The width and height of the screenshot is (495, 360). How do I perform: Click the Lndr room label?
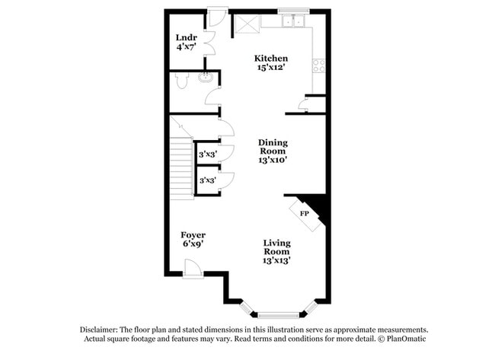[x=187, y=37]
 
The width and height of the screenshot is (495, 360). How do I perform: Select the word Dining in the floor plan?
[x=272, y=142]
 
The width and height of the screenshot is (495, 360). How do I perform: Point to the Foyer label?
[x=193, y=234]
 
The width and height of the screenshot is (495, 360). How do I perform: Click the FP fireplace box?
[x=304, y=214]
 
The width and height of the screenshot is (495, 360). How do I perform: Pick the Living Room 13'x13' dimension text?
[x=276, y=260]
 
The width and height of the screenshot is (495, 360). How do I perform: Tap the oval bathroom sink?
[x=204, y=78]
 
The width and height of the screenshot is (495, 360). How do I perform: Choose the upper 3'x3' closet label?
[x=206, y=154]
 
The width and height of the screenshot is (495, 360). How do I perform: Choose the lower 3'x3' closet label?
[x=206, y=181]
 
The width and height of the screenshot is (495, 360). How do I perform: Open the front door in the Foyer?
[x=193, y=267]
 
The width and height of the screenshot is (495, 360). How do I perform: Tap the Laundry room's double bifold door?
[x=209, y=42]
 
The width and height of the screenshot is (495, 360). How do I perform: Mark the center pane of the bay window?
[x=279, y=313]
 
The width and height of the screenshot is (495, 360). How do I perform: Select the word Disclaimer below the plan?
[x=101, y=329]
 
